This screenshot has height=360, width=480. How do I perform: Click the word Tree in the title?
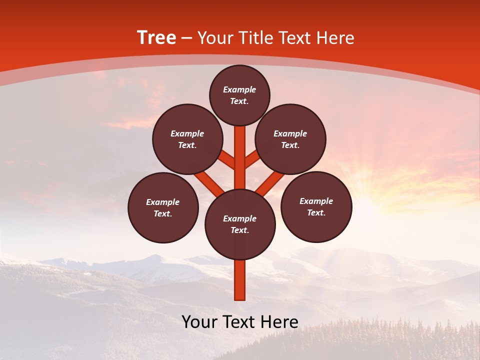tap(156, 38)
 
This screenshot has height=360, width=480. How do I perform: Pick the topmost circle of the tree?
tap(239, 95)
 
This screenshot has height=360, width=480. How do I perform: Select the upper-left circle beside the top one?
tap(187, 139)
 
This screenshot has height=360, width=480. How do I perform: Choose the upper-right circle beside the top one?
tap(290, 139)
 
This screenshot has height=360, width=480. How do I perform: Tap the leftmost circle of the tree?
tap(163, 207)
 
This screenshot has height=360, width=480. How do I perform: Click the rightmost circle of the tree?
tap(316, 206)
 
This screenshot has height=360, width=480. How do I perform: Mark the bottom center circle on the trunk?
tap(240, 224)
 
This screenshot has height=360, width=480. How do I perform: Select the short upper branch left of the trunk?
tap(227, 159)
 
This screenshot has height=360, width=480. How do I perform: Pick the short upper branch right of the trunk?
tap(252, 159)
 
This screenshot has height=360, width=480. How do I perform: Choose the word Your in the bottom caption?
tap(199, 322)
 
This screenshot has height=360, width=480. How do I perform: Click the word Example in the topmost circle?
tap(239, 89)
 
